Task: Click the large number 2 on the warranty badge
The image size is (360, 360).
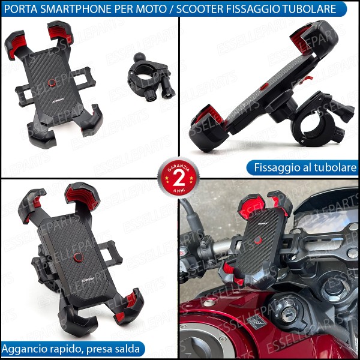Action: pos(178,178)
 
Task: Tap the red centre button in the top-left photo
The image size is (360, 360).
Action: pos(53,82)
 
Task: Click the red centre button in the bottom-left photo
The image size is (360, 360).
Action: pos(78,258)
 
